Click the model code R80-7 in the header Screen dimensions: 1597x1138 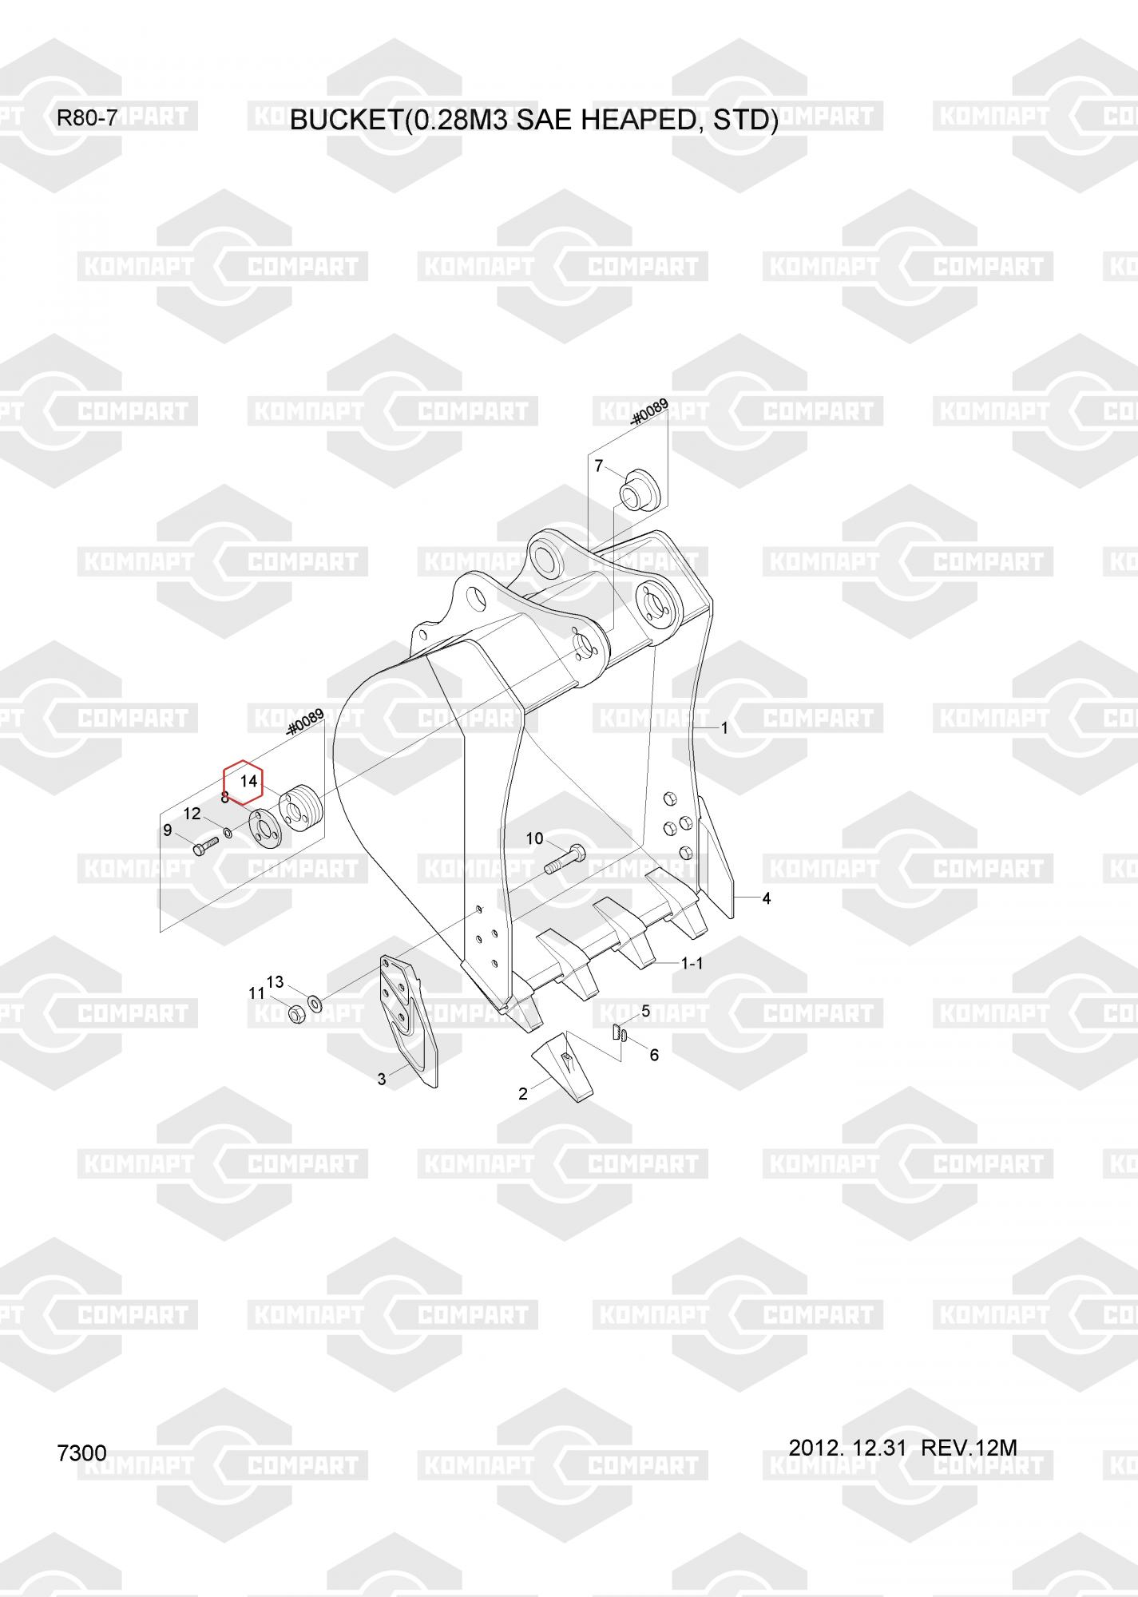pos(87,119)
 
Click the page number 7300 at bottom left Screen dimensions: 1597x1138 pos(81,1453)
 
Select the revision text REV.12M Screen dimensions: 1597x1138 pos(969,1448)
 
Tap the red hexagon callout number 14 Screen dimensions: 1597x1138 pos(248,781)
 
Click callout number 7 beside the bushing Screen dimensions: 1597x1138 pos(599,466)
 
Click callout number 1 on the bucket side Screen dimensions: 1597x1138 pos(724,728)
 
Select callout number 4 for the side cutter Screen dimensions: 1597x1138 pos(767,898)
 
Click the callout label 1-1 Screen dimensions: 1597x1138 pos(692,964)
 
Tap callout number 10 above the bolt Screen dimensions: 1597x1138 pos(534,838)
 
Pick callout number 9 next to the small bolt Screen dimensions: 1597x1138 pos(168,830)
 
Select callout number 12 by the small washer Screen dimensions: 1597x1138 pos(192,814)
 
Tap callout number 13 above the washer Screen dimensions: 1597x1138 pos(275,981)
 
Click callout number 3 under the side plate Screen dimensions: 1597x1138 pos(382,1080)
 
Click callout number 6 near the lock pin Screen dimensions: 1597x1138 pos(654,1056)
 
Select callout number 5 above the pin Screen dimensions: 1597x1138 pos(645,1012)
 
